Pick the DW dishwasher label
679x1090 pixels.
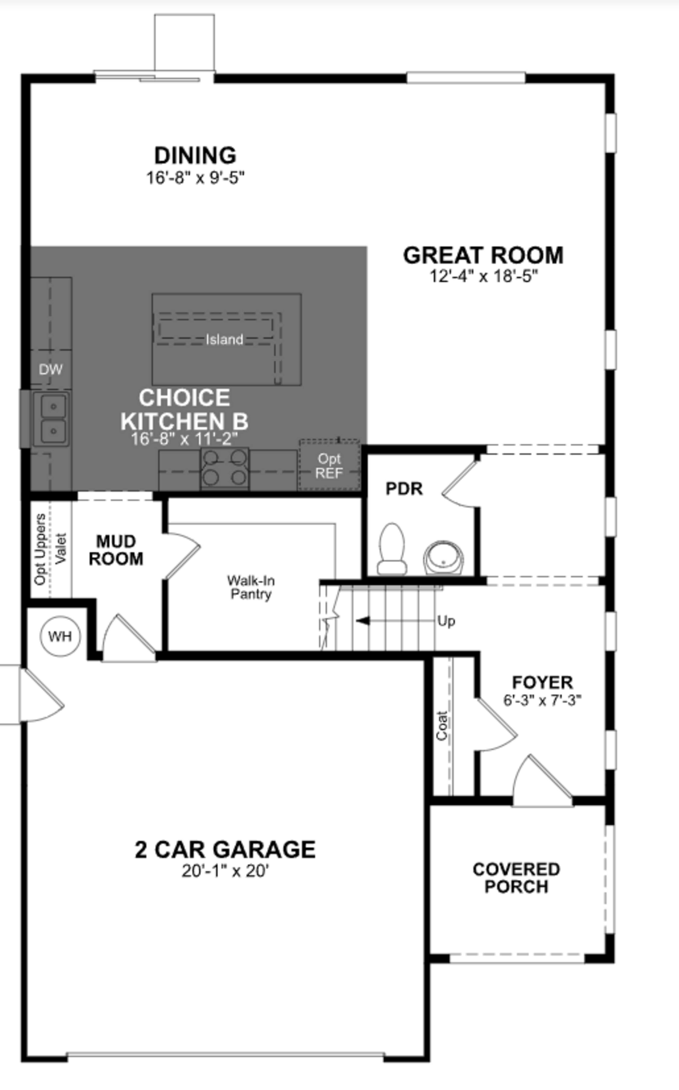tap(50, 369)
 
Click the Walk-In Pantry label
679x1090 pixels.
tap(251, 587)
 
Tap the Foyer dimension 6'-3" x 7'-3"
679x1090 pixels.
tap(542, 700)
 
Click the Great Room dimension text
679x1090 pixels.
tap(484, 276)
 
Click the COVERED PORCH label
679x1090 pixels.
tap(516, 878)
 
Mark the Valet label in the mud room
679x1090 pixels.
tap(61, 549)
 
